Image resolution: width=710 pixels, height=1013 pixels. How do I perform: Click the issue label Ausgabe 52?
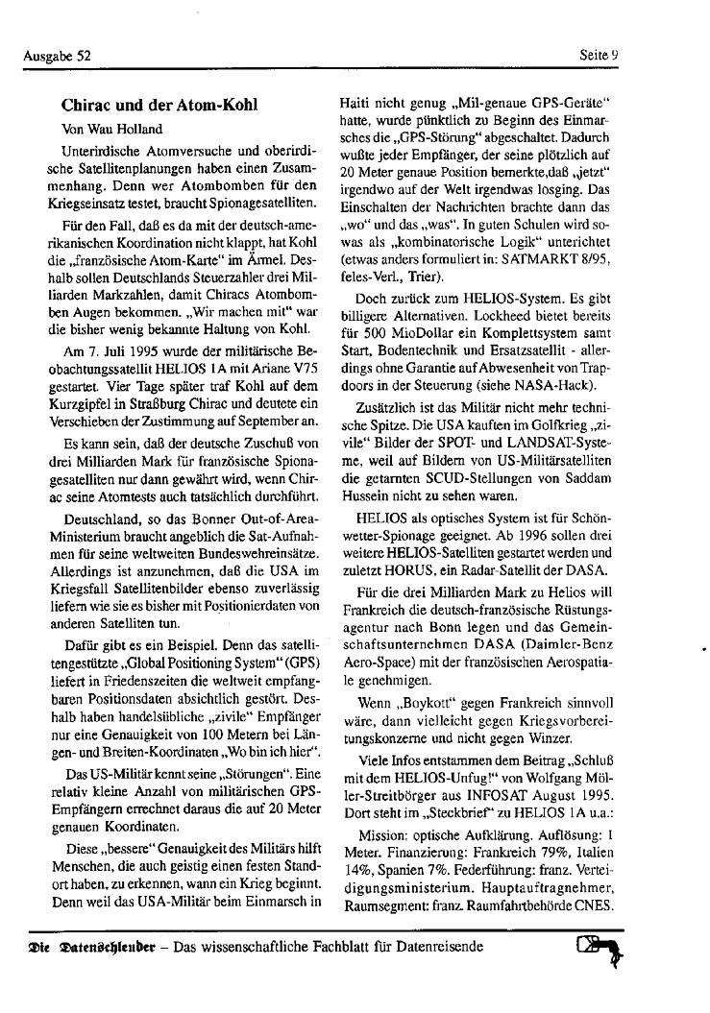click(x=57, y=56)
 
